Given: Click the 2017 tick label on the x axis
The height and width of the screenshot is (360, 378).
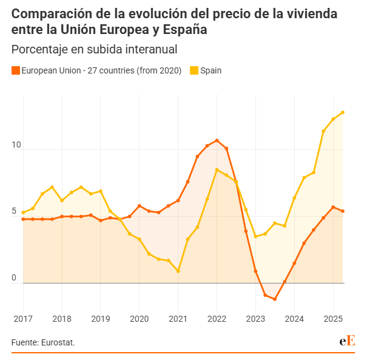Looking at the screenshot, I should [x=23, y=318].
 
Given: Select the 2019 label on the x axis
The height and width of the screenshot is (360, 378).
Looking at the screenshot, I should [x=101, y=318].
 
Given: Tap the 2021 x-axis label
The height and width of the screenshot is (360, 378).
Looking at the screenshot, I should [x=178, y=318].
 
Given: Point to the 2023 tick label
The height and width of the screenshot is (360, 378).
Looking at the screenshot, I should [x=255, y=318].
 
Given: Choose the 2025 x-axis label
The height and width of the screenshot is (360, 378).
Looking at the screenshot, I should [x=333, y=318].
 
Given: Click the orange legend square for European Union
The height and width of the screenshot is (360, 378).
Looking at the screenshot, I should [x=16, y=70].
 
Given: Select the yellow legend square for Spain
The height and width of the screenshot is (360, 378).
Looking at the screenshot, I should [x=194, y=70].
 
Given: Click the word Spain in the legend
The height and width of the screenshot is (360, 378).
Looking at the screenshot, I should [x=211, y=70].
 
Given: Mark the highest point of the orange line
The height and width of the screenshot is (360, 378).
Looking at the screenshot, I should [x=217, y=141].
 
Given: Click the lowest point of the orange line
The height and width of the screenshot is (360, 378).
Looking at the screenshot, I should [x=275, y=299].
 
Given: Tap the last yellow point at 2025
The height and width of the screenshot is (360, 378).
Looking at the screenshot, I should [x=343, y=112].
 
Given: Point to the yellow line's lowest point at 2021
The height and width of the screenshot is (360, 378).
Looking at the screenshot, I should [x=178, y=271].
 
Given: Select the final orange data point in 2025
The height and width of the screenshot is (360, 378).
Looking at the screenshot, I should [x=343, y=211].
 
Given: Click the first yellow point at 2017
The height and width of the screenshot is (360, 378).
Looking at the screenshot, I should [x=23, y=212].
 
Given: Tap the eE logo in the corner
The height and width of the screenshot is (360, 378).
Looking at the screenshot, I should [x=347, y=341].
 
